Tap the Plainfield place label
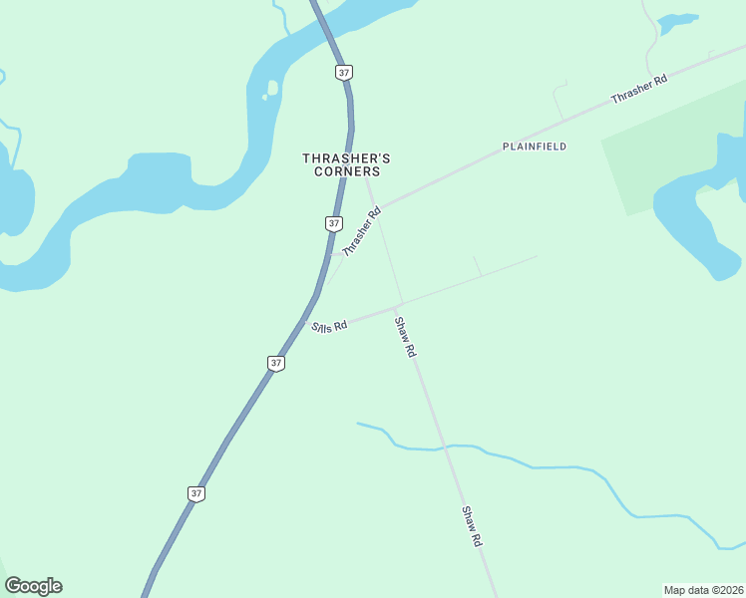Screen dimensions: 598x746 pos(535,147)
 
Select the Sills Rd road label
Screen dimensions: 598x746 pos(329,326)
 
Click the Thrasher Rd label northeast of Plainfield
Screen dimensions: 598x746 pos(638,89)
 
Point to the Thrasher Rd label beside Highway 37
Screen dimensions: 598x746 pos(362,232)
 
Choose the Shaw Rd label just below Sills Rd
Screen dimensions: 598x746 pos(405,337)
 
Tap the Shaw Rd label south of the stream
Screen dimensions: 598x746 pos(472,526)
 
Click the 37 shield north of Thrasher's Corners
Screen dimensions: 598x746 pos(344,73)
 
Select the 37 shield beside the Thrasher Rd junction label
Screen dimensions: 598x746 pos(333,223)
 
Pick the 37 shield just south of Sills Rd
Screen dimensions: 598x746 pos(276,363)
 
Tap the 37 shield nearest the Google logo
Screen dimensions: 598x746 pos(196,493)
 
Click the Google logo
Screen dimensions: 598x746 pos(33,586)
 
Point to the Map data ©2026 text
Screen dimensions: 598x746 pos(703,589)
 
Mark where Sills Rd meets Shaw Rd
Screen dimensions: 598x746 pos(400,303)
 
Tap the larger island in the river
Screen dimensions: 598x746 pos(272,88)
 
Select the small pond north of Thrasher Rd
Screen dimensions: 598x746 pos(678,21)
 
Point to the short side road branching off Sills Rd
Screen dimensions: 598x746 pos(477,265)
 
